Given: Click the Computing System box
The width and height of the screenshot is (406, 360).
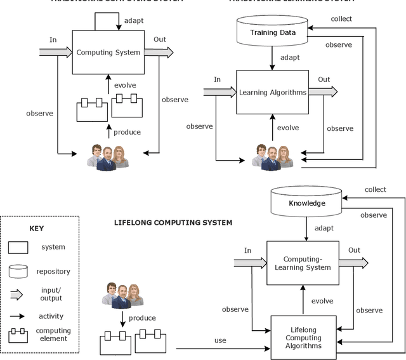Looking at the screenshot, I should pyautogui.click(x=108, y=52).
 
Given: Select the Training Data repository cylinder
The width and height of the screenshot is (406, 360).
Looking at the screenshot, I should pyautogui.click(x=272, y=33).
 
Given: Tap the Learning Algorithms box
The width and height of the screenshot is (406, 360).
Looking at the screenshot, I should pyautogui.click(x=272, y=92).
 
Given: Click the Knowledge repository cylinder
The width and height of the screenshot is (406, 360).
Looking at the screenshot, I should pyautogui.click(x=306, y=203).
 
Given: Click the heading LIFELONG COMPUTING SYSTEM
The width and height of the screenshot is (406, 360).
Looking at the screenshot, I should pyautogui.click(x=173, y=223).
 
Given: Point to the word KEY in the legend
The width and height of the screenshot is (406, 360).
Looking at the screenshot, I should pyautogui.click(x=37, y=228).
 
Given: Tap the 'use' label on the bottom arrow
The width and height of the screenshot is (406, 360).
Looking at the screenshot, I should pyautogui.click(x=220, y=341).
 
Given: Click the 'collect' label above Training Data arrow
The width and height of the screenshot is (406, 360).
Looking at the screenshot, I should pyautogui.click(x=341, y=18).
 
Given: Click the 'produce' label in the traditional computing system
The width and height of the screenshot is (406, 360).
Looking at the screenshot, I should pyautogui.click(x=127, y=132).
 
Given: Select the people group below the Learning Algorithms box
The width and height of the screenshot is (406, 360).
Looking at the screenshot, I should pyautogui.click(x=272, y=156).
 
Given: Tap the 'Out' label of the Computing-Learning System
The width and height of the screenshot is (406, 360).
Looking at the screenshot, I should pyautogui.click(x=354, y=250).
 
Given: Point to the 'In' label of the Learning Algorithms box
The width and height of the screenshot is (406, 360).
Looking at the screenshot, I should pyautogui.click(x=217, y=79).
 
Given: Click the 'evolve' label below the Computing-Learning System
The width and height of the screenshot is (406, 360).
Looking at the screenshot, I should pyautogui.click(x=322, y=301).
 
